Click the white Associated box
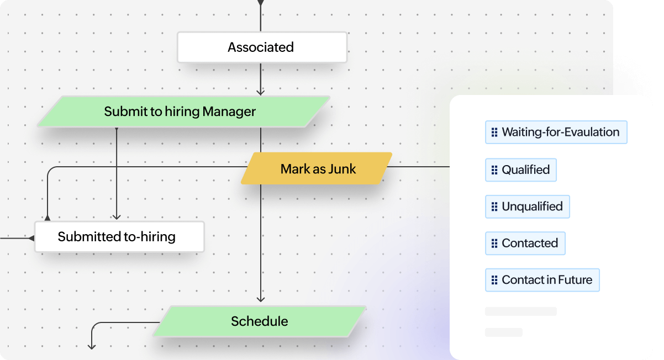click(261, 47)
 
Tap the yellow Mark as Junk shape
click(317, 168)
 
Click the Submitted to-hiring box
click(119, 237)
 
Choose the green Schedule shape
click(259, 321)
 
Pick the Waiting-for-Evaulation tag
click(556, 133)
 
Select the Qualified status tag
click(520, 170)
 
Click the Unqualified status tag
click(527, 207)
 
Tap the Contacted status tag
click(525, 243)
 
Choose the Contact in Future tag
click(542, 280)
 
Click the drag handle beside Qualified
click(494, 170)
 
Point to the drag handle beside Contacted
click(494, 243)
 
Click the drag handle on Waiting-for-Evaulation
click(494, 133)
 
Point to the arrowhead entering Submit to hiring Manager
click(261, 92)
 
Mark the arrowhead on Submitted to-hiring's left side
click(31, 238)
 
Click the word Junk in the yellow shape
click(342, 169)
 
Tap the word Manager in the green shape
click(229, 112)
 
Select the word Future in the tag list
click(575, 280)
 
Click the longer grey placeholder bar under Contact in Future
click(520, 311)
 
